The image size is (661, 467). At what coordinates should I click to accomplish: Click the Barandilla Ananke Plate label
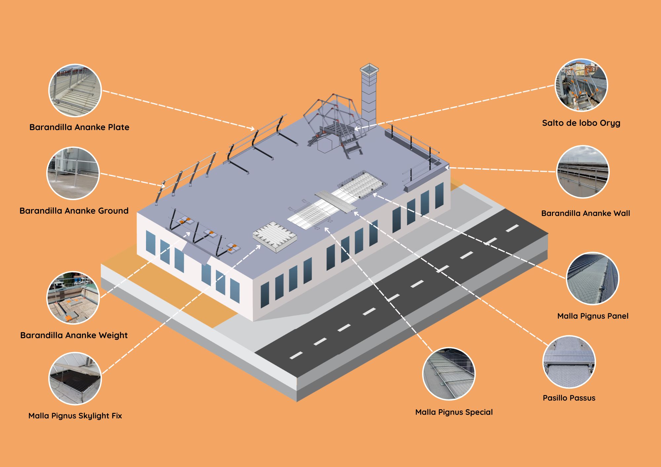(79, 127)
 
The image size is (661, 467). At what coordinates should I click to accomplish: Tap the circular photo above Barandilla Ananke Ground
(73, 173)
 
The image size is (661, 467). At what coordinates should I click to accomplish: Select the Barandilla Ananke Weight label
(74, 336)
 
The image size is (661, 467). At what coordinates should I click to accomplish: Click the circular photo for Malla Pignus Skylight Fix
(75, 378)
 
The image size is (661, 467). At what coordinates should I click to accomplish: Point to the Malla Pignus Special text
(454, 412)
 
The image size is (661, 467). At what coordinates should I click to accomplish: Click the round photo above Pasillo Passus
(569, 362)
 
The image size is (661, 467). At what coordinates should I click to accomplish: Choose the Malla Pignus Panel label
(593, 316)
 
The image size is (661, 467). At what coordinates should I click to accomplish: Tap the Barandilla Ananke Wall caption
(585, 213)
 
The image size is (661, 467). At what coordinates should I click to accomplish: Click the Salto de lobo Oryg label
(581, 123)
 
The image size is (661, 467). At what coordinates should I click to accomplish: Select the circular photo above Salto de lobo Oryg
(581, 85)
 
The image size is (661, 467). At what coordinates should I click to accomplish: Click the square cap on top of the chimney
(369, 69)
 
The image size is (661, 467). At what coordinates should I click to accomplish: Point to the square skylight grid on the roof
(275, 236)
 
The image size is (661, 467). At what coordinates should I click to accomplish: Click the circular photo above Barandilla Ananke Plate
(75, 90)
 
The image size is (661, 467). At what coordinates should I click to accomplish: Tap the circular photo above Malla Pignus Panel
(593, 278)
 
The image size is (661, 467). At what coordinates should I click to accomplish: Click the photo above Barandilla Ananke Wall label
(583, 172)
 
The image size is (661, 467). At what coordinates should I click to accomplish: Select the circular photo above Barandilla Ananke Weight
(73, 298)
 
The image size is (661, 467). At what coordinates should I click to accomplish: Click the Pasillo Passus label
(569, 398)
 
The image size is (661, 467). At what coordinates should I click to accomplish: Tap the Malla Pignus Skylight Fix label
(75, 416)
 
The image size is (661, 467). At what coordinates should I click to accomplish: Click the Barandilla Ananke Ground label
(74, 211)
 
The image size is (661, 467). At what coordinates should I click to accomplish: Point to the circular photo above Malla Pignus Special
(449, 374)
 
